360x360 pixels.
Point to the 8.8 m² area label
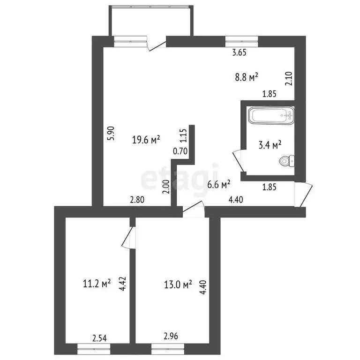coord(247,77)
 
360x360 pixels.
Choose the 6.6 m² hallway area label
coord(218,185)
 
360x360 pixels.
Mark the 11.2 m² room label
coord(97,283)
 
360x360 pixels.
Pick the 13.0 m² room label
coord(178,284)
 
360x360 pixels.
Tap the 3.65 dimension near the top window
coord(240,53)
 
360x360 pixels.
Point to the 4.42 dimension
coord(122,285)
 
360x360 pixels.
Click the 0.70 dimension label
coord(180,151)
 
